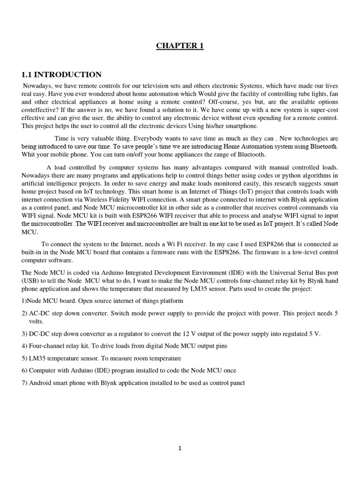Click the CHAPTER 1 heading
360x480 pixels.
[180, 45]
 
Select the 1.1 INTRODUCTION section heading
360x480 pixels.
[61, 75]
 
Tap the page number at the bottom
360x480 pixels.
[180, 448]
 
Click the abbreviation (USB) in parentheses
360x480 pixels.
[31, 280]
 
